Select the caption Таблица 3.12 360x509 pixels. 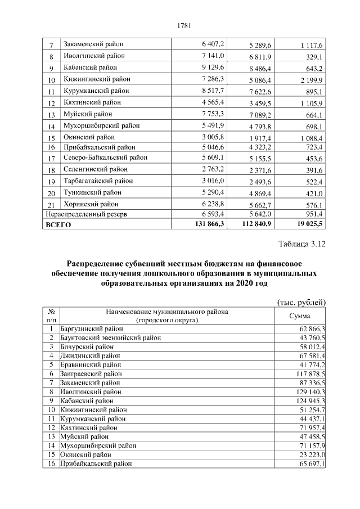pos(302,244)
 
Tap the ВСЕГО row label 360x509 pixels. pos(58,224)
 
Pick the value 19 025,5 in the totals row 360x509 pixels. pos(306,224)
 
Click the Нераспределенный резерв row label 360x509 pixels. pos(87,214)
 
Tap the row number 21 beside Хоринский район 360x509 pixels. pos(51,205)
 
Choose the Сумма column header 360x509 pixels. pos(299,316)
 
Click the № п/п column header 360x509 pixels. pos(51,316)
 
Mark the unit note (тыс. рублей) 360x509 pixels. pos(302,302)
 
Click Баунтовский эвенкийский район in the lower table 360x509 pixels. pos(110,337)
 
